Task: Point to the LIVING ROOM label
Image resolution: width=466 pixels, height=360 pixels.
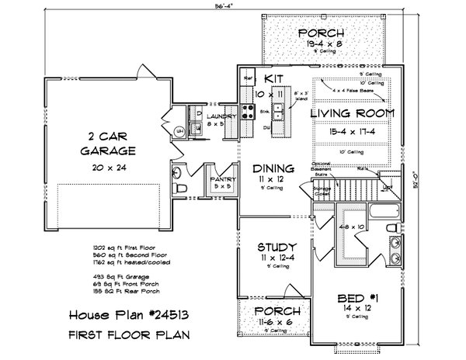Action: [x=352, y=113]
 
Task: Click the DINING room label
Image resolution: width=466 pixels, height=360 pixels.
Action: [x=273, y=168]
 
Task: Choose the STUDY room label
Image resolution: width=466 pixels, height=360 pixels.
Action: [x=273, y=248]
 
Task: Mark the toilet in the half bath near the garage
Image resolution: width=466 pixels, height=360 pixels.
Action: [x=178, y=172]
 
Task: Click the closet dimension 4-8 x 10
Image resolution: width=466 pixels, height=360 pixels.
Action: [x=352, y=227]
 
